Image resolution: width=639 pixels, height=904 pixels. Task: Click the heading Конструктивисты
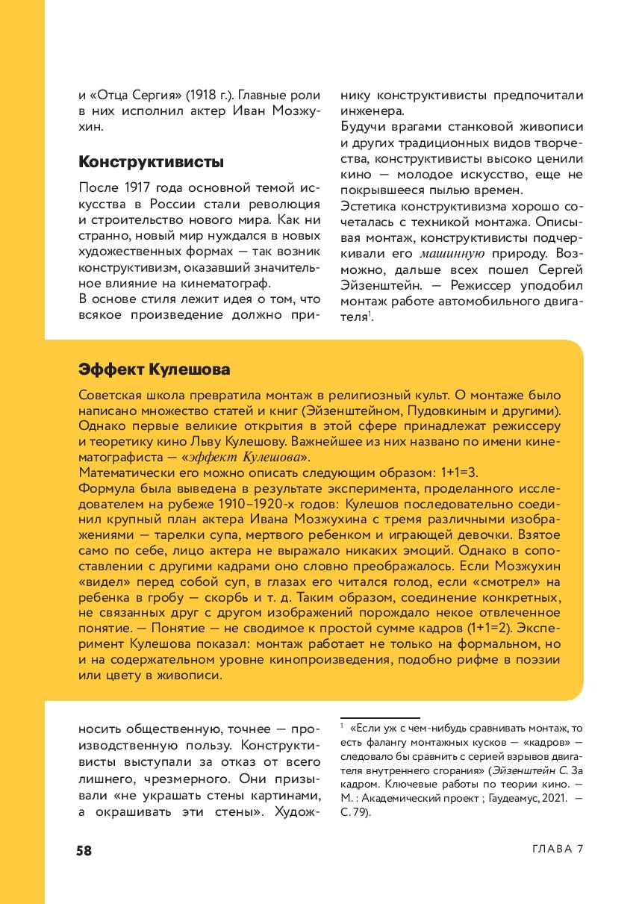click(x=152, y=162)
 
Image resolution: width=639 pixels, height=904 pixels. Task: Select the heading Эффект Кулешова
click(x=154, y=370)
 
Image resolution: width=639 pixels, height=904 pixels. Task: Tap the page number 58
click(x=84, y=850)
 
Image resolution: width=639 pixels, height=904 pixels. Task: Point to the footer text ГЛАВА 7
click(x=558, y=850)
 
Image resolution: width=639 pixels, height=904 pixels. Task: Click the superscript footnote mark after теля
click(x=370, y=314)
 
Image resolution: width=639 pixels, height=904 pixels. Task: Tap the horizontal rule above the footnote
click(x=380, y=718)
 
